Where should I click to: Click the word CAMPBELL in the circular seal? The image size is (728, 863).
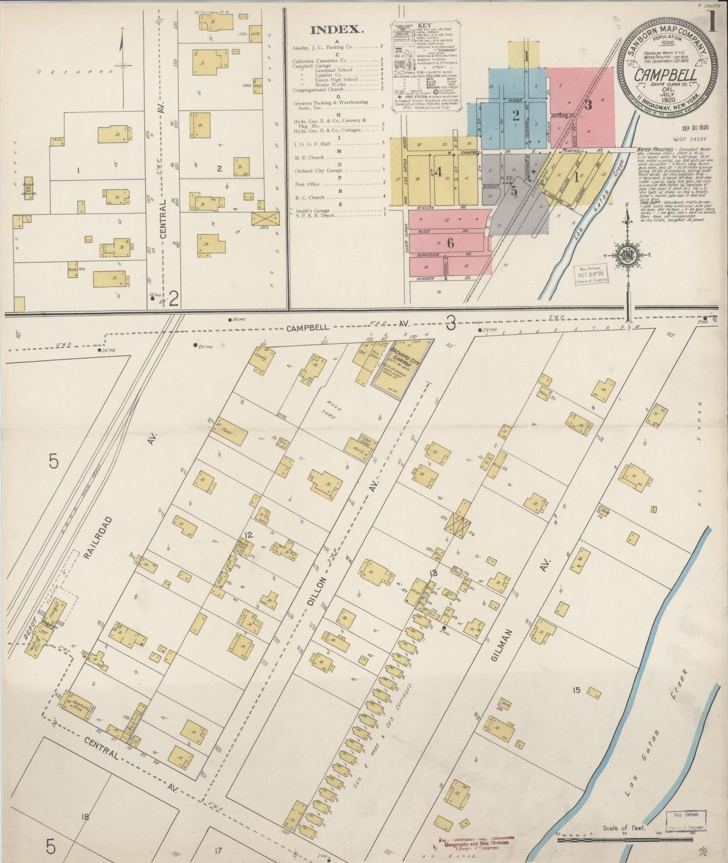pos(665,75)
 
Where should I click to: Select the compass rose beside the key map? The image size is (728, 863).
pos(627,254)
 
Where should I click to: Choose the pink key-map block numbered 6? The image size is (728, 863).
pos(450,243)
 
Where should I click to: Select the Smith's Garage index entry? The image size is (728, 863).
pos(312,210)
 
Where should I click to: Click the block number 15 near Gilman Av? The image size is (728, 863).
pos(576,690)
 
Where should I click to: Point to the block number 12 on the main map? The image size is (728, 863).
pos(248,534)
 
